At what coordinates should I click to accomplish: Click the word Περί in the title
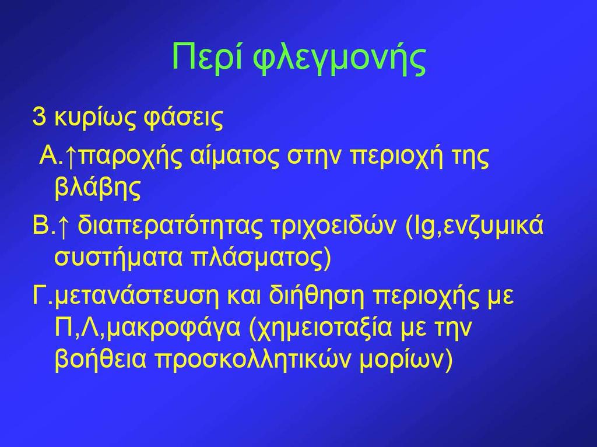[x=208, y=57]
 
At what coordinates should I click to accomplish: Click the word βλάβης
[x=98, y=187]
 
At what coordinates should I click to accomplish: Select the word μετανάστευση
[x=137, y=297]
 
